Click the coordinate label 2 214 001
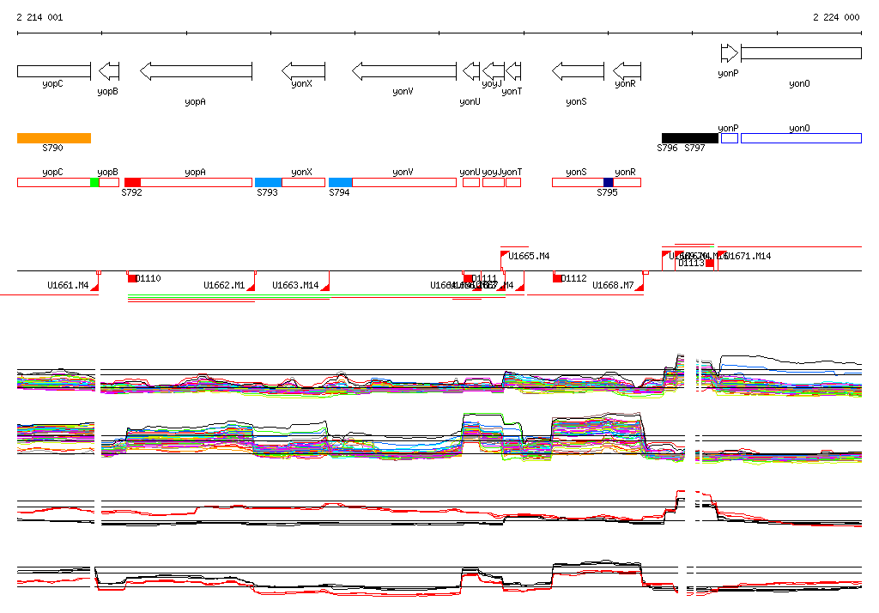[39, 17]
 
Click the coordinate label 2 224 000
[836, 17]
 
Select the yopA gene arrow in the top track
[197, 70]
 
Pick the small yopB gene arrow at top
[109, 70]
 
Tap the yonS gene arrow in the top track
[577, 70]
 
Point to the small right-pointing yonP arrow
[729, 53]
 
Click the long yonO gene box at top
[800, 53]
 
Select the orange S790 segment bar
[53, 137]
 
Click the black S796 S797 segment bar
[689, 137]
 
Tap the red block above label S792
[132, 182]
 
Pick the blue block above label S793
[268, 182]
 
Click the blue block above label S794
[341, 182]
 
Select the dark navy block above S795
[609, 182]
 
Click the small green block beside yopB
[94, 182]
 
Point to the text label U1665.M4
[529, 256]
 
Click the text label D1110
[149, 278]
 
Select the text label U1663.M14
[295, 285]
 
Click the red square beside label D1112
[557, 278]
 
